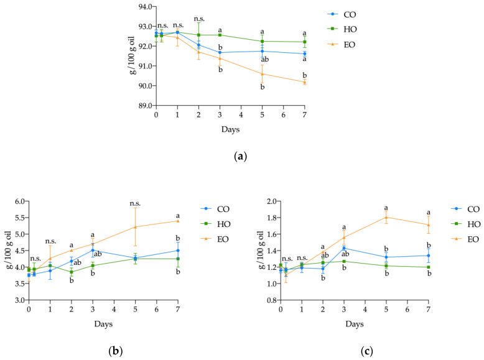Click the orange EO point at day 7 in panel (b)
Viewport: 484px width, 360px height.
tap(178, 221)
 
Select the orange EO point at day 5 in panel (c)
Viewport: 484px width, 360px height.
tap(386, 217)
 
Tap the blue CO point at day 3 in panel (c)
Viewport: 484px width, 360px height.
tap(344, 248)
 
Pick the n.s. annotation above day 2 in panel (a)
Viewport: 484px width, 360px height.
tap(199, 19)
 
